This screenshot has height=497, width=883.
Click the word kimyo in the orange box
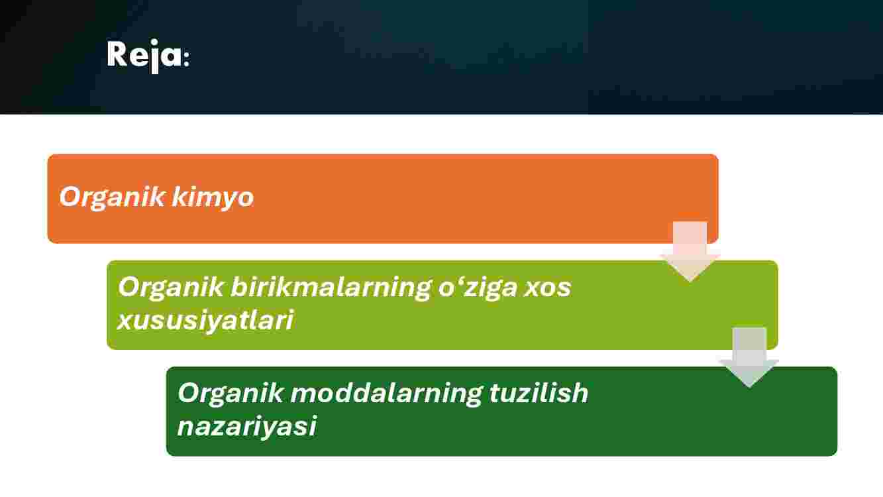pos(213,198)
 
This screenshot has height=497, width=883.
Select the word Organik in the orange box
pos(111,198)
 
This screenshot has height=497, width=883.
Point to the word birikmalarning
pos(331,288)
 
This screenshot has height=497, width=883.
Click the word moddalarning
pos(386,394)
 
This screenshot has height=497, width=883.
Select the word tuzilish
pos(539,393)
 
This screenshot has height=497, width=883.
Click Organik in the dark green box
pos(231,394)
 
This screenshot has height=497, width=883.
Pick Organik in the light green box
pos(170,288)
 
